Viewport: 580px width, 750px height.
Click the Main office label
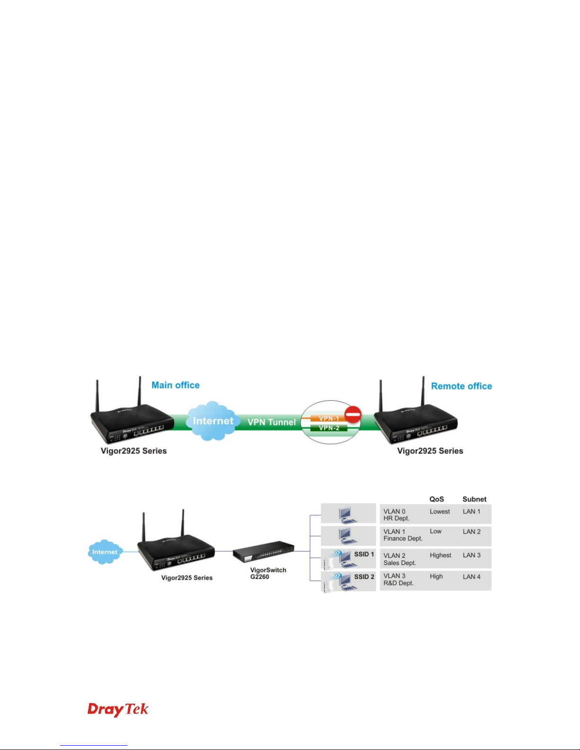pos(175,385)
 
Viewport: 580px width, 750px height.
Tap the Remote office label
pos(462,386)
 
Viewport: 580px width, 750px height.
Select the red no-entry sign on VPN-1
pos(353,414)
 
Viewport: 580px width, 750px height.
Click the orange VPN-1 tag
pos(329,418)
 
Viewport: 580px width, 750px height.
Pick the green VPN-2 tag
pos(329,428)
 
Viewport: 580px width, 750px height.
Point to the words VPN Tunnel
pos(272,422)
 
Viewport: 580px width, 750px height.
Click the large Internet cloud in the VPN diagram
pos(213,421)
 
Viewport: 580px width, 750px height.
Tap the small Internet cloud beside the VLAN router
pos(105,552)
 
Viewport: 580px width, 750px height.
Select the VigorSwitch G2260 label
pos(268,574)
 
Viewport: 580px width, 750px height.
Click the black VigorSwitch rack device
pos(263,552)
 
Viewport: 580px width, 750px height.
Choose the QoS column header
pos(437,499)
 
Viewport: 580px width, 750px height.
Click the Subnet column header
pos(474,499)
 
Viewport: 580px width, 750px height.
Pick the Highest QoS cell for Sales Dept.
pos(440,555)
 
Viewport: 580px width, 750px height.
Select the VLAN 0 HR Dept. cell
pos(396,515)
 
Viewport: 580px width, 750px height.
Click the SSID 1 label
pos(364,554)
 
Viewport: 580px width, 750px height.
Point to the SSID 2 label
pos(364,577)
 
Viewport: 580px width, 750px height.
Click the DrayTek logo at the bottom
pos(118,710)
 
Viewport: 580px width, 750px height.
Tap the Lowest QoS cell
pos(440,512)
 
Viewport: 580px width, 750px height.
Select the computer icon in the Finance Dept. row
pos(348,535)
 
